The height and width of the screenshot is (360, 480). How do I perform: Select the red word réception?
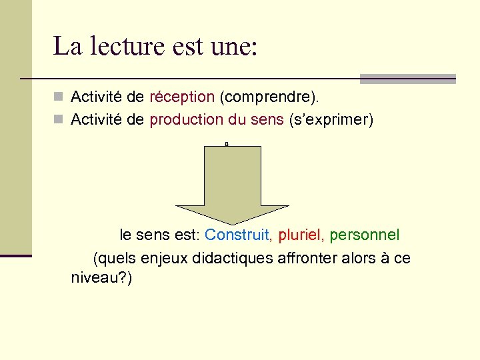click(x=182, y=97)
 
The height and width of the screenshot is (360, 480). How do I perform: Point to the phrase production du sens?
click(x=217, y=120)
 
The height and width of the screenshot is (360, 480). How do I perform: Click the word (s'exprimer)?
click(x=331, y=120)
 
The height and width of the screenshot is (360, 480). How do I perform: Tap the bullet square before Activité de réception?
click(x=59, y=97)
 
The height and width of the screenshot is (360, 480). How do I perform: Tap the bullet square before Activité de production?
click(x=59, y=120)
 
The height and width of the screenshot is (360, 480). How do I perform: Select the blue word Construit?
click(x=237, y=235)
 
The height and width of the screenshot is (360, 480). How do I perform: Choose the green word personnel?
click(x=365, y=235)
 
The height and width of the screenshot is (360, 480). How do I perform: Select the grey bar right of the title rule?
click(x=407, y=79)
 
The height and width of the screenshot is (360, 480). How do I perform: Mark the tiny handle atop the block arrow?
click(x=227, y=144)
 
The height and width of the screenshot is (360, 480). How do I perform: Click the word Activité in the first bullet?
click(x=98, y=97)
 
